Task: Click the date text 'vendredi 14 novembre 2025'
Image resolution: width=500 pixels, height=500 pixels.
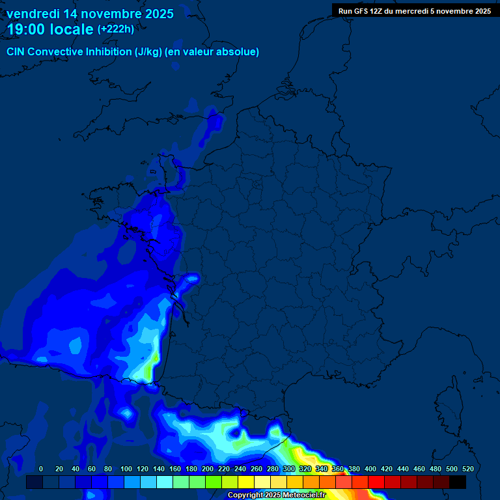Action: pos(90,14)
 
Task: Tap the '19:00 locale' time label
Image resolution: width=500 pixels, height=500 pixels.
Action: pos(50,29)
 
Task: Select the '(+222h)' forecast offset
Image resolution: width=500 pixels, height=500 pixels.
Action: pos(116,29)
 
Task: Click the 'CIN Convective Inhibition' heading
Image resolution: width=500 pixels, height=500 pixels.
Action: pos(70,52)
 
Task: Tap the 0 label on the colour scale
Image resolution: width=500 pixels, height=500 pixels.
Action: pos(41,469)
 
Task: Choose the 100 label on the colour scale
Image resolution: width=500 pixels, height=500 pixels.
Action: pos(126,469)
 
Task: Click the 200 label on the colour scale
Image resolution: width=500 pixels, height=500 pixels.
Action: pos(208,469)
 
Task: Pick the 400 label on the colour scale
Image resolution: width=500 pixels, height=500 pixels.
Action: pos(370,469)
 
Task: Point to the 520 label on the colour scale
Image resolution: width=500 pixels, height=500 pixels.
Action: pos(468,469)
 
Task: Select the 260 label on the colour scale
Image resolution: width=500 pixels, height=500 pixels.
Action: pos(257,469)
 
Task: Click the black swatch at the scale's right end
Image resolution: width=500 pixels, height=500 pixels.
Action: pos(458,482)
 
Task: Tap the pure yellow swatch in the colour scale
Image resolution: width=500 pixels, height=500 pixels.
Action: pos(246,482)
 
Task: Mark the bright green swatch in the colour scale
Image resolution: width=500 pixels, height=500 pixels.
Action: pos(214,482)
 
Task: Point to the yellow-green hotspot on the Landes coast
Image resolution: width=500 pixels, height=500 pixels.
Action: pos(150,368)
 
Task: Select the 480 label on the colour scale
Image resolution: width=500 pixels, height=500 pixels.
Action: pos(436,469)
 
